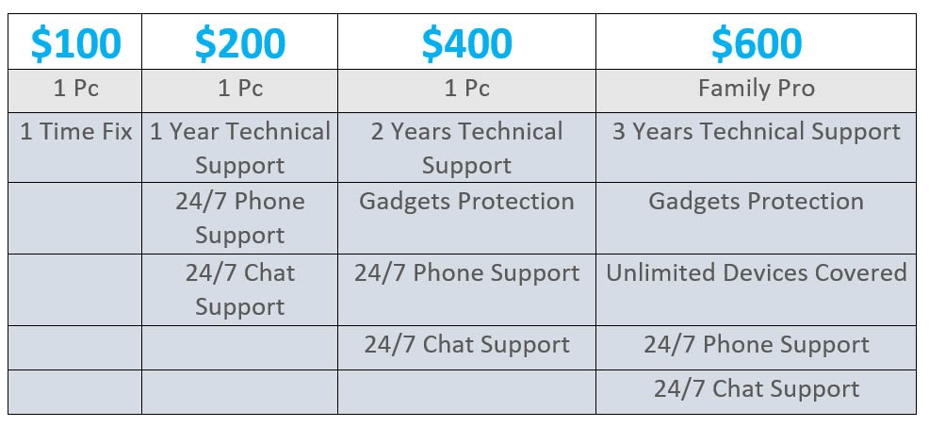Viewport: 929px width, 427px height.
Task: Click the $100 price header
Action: tap(75, 43)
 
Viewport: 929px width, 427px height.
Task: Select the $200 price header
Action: tap(240, 43)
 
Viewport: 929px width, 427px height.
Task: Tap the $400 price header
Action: tap(467, 43)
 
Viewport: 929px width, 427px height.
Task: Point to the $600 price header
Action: tap(757, 43)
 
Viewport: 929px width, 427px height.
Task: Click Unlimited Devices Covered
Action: tap(757, 272)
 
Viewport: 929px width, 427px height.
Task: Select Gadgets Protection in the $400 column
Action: tap(467, 202)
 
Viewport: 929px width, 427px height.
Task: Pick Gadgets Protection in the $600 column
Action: tap(757, 202)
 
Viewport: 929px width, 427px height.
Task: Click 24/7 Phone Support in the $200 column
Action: tap(240, 219)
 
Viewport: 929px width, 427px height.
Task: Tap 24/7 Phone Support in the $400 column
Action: tap(467, 273)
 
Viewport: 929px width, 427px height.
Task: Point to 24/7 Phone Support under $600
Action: tap(757, 345)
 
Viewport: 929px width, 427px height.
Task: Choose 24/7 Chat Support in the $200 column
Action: tap(240, 290)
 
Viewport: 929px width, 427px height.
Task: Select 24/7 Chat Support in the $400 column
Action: tap(467, 345)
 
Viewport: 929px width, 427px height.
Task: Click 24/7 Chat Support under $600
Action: tap(757, 389)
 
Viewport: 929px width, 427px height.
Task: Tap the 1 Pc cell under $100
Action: tap(75, 89)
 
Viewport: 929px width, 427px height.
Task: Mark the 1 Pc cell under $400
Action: tap(467, 89)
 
